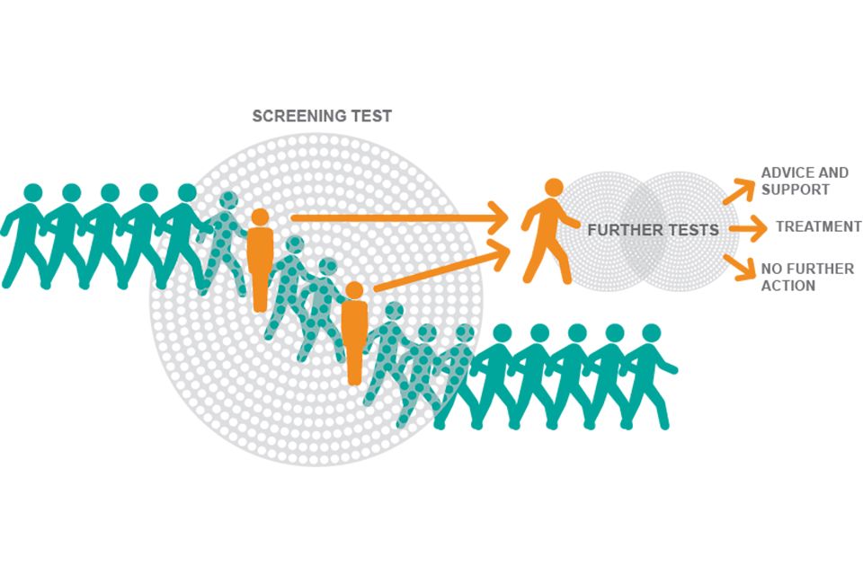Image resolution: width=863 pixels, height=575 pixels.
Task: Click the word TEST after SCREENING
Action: (371, 116)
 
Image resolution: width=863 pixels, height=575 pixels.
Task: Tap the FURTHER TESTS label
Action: (654, 230)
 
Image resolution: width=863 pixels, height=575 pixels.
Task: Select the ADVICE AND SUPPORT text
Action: (805, 181)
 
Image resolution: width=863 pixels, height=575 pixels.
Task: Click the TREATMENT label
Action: (818, 226)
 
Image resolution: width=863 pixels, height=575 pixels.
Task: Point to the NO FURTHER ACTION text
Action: (807, 277)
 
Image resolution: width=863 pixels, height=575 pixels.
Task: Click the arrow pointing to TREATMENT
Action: (747, 228)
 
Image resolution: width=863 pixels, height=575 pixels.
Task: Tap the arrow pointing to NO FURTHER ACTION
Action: (739, 268)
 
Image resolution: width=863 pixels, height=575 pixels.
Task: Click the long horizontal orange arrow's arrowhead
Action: (498, 217)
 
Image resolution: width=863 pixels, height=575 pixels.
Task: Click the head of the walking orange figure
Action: (554, 188)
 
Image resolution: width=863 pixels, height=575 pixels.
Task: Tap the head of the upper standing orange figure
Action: (260, 217)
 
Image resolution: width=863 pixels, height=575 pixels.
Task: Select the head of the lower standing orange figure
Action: (354, 290)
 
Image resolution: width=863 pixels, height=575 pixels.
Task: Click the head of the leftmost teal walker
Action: (33, 193)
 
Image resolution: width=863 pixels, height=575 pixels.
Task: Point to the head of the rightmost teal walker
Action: (651, 333)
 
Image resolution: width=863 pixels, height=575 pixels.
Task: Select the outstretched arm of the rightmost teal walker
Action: (665, 364)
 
